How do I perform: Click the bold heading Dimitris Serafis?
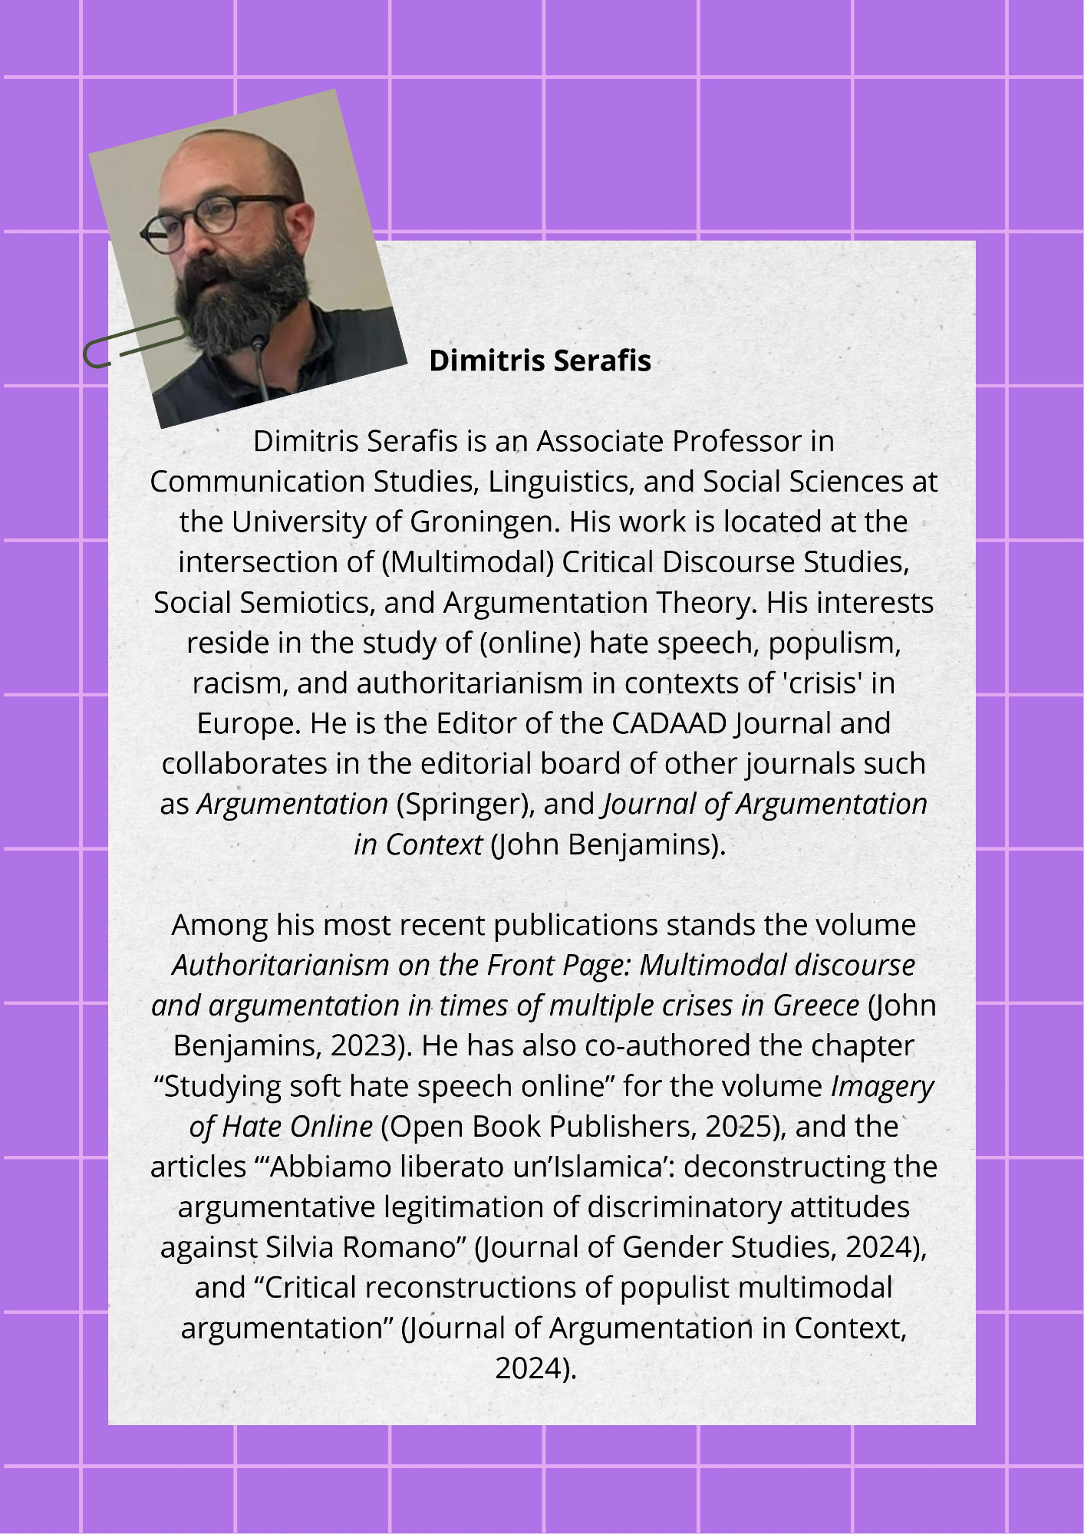pos(539,360)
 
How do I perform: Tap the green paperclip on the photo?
pos(134,343)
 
